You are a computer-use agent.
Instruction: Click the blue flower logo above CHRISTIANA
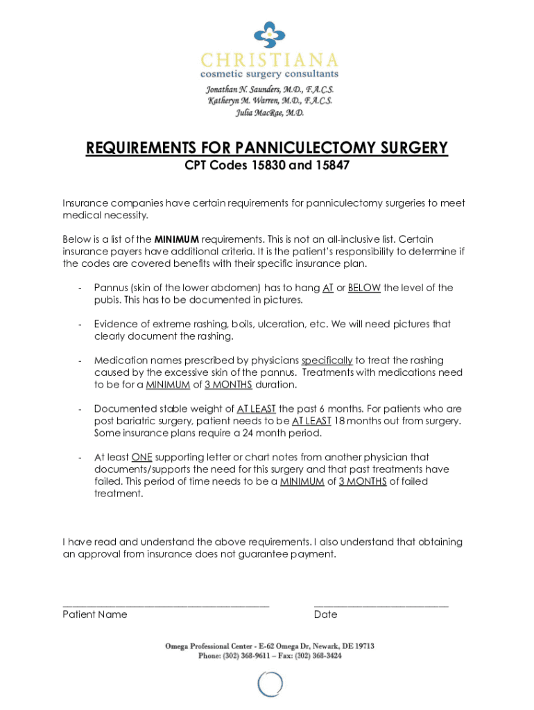pos(268,34)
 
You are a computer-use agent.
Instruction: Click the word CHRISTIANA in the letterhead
pos(269,60)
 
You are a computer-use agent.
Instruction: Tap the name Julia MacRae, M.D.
pos(268,112)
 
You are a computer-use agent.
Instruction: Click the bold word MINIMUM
pos(177,240)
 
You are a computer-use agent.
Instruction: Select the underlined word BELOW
pos(364,288)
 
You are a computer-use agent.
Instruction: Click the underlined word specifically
pos(327,361)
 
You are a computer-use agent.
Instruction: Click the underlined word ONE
pos(141,457)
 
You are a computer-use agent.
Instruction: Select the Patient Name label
pos(95,614)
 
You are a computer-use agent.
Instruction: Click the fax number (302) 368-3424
pos(318,655)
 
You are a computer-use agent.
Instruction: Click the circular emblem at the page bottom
pos(270,684)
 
